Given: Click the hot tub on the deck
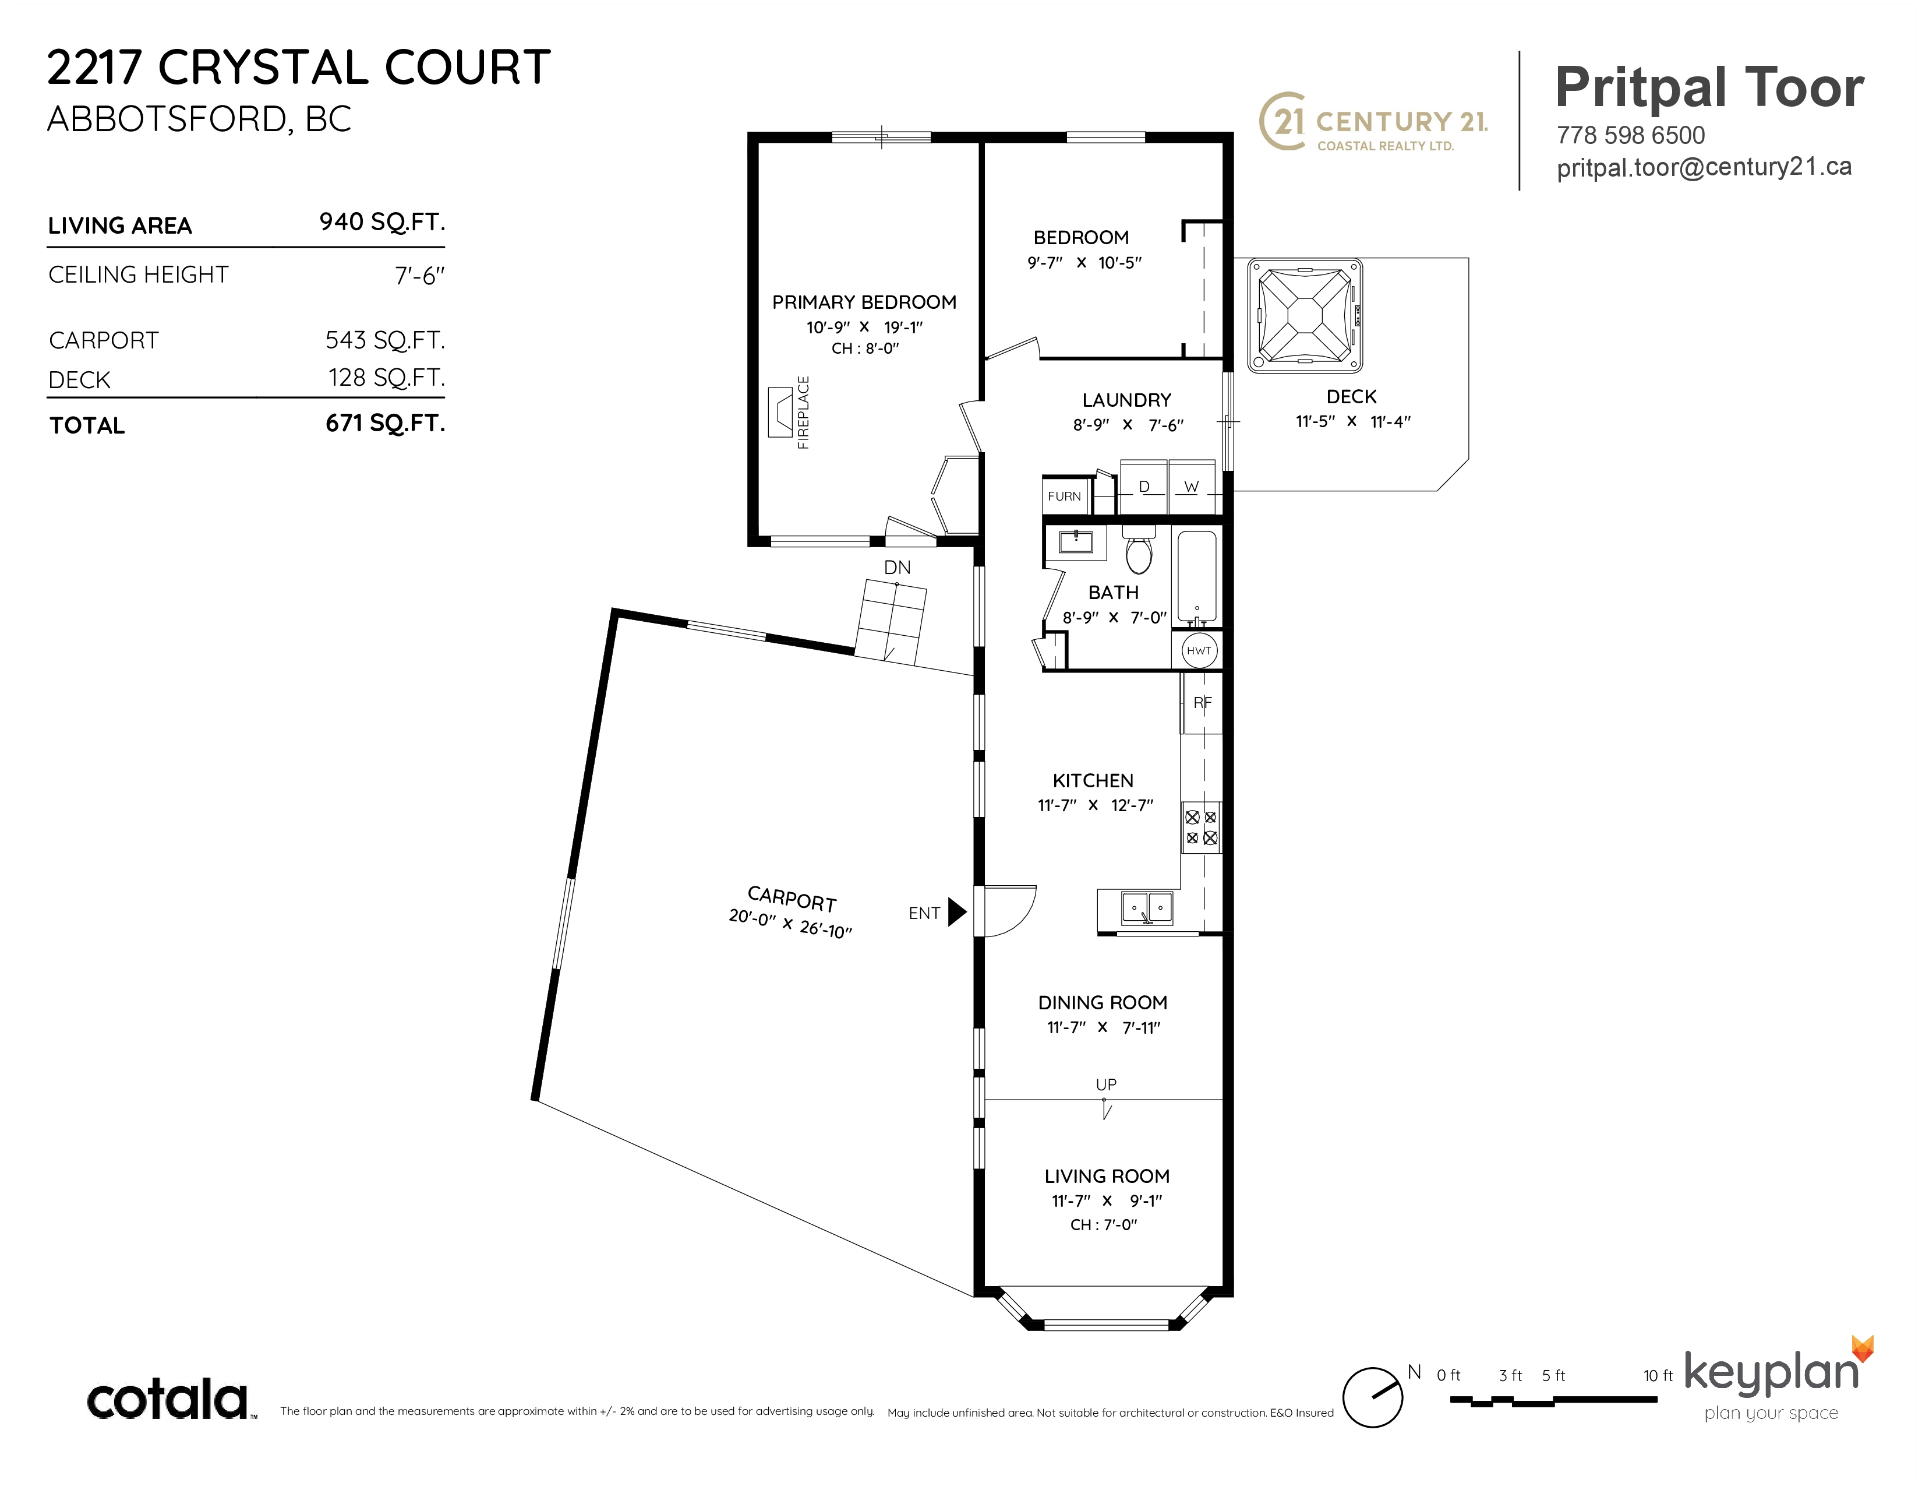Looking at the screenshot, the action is (x=1305, y=315).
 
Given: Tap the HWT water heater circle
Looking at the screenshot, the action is (x=1199, y=650).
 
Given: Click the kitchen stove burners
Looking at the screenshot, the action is (x=1201, y=827).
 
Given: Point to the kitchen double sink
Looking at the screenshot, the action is (x=1147, y=907).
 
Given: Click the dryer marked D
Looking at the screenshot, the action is (x=1143, y=486).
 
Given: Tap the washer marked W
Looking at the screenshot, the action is (x=1192, y=486).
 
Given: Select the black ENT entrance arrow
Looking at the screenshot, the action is (x=958, y=912).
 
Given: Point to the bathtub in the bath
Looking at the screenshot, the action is (x=1197, y=578).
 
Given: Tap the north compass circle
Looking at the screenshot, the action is (x=1372, y=1397).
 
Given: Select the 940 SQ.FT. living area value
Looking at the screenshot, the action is (x=382, y=222).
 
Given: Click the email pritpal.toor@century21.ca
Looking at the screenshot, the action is (x=1704, y=167).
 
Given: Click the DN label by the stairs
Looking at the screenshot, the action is (x=898, y=568).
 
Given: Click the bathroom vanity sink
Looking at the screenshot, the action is (x=1075, y=541).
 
